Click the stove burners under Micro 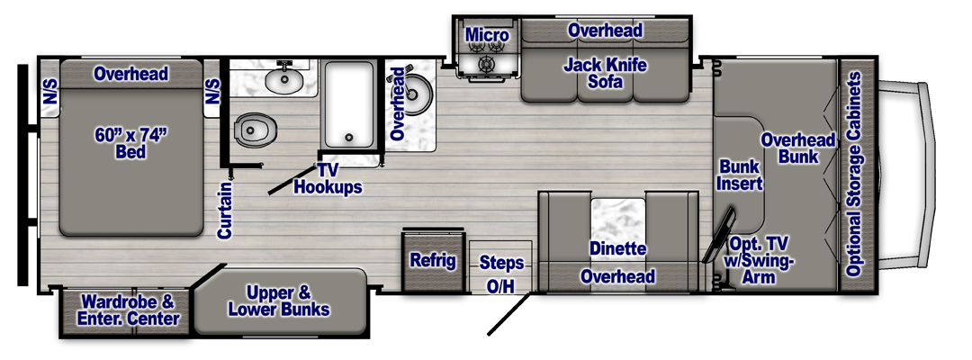click(x=487, y=65)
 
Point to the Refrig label click(x=433, y=261)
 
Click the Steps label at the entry click(x=501, y=263)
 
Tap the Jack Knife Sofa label click(x=605, y=74)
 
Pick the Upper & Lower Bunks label click(x=278, y=301)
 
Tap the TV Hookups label click(x=328, y=179)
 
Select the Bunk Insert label click(x=741, y=175)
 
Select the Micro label click(x=487, y=36)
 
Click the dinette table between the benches click(x=617, y=217)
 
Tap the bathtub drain click(x=348, y=139)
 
